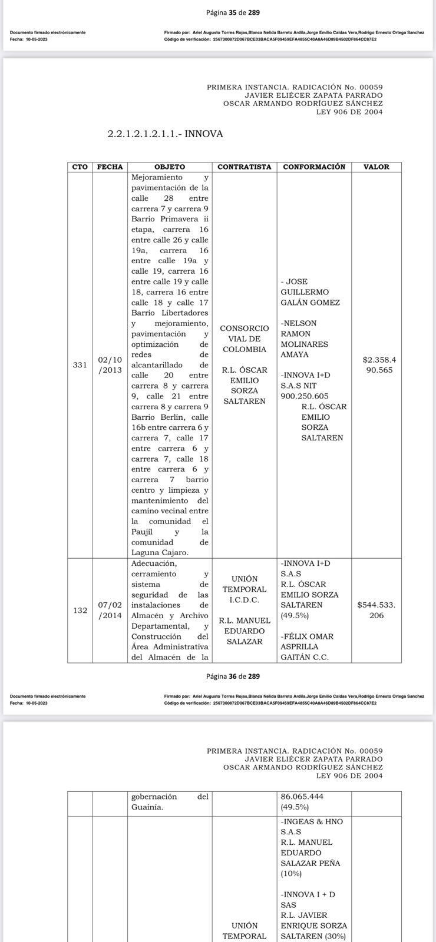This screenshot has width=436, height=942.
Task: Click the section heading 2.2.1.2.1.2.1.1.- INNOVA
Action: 165,134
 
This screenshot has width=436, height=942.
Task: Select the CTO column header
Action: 80,167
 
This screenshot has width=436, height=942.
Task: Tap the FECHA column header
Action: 110,167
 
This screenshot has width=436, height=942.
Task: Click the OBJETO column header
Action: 170,167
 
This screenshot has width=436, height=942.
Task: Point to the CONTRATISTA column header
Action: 245,167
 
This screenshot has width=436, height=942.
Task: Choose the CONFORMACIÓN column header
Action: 314,167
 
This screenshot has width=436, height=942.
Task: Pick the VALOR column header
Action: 376,167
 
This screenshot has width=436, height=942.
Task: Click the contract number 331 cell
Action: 80,365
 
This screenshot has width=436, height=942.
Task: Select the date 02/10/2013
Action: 110,365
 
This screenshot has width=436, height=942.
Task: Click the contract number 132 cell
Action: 80,611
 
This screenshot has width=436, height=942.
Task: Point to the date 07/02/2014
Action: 110,611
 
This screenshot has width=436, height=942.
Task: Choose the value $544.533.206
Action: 376,610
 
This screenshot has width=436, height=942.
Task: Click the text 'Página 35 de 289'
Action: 233,12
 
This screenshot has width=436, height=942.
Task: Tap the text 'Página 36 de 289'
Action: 233,676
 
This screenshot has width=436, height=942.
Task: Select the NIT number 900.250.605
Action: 305,396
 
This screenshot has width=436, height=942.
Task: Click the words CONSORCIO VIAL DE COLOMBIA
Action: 245,339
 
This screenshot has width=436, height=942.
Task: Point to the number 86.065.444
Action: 302,797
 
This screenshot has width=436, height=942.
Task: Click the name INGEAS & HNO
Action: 313,821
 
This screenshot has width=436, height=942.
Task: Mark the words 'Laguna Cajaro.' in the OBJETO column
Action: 160,552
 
